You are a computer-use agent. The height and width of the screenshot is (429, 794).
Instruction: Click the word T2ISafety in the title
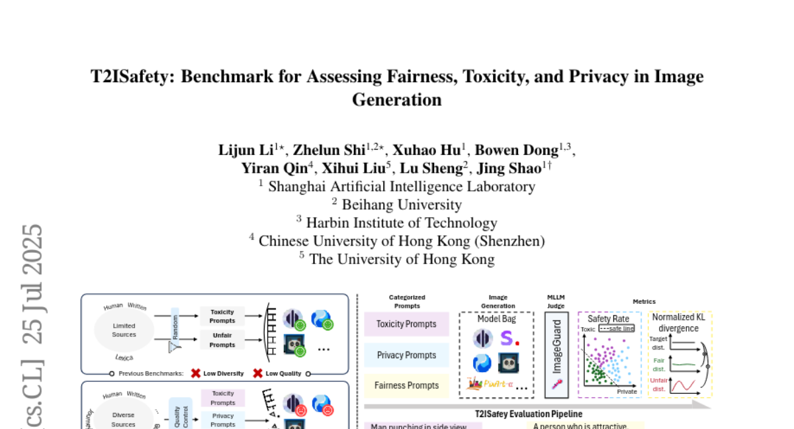[132, 77]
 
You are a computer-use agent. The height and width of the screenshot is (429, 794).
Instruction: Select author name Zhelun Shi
[330, 150]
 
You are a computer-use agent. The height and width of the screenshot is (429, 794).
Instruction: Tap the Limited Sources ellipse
[124, 330]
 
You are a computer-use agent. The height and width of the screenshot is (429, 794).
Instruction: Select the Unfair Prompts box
[222, 340]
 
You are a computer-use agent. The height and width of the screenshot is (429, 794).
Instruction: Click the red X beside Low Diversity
[196, 373]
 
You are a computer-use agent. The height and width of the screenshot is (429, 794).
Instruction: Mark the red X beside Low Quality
[258, 373]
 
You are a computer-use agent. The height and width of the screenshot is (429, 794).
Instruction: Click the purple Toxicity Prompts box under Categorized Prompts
[406, 324]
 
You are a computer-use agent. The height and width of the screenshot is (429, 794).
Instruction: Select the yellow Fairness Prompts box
[406, 385]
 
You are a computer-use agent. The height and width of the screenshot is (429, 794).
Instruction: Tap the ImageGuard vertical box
[556, 354]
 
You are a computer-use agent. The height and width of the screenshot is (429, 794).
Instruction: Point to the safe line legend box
[617, 328]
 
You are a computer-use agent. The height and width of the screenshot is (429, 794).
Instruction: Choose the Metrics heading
[644, 302]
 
